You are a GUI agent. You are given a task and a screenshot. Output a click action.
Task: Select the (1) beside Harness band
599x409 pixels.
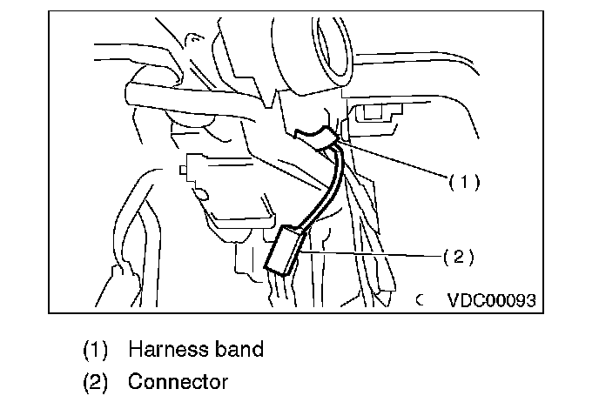(x=96, y=350)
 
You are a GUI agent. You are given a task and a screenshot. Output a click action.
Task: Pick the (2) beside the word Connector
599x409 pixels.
(x=96, y=381)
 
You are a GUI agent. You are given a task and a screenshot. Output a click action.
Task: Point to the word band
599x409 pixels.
(x=234, y=350)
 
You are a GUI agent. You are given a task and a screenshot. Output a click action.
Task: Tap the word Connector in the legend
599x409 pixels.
(x=178, y=381)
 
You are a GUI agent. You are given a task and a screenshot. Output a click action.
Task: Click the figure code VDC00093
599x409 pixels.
(x=492, y=300)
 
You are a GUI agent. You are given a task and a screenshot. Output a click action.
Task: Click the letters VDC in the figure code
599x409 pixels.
(x=467, y=300)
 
